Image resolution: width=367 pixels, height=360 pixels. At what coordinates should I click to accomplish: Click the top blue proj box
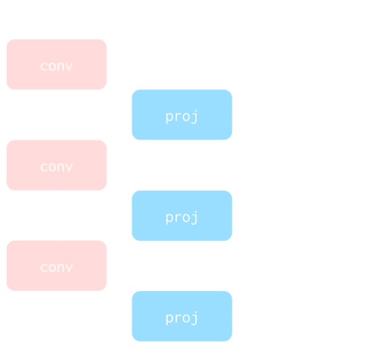tap(182, 115)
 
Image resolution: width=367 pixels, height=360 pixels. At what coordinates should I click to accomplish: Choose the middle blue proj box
tap(182, 216)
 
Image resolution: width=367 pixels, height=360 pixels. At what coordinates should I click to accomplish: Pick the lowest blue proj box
tap(182, 316)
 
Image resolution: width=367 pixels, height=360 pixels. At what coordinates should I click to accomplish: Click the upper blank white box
tap(307, 165)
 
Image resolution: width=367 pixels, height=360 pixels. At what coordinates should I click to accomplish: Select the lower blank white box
tap(307, 265)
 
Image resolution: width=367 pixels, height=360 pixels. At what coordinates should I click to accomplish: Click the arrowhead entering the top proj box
tap(128, 115)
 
